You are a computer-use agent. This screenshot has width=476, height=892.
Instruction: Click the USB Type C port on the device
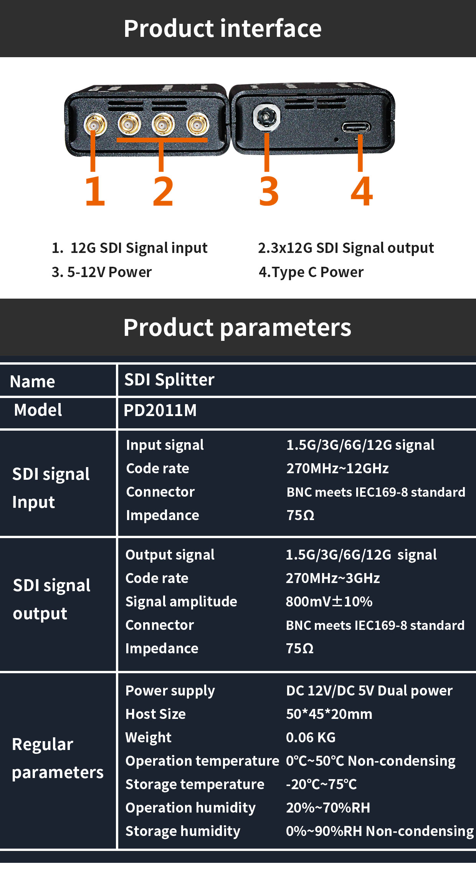click(356, 127)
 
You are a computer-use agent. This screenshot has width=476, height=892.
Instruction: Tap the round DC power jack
click(266, 117)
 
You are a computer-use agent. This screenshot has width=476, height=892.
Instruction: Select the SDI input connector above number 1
click(95, 124)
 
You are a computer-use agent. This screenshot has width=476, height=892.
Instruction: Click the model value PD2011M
click(160, 410)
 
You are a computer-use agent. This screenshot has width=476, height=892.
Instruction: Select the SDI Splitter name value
click(169, 380)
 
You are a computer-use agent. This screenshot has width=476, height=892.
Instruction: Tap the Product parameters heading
click(237, 327)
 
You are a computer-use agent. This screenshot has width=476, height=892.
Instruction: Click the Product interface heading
click(223, 28)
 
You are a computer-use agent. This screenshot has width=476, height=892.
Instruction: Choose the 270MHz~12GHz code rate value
click(337, 468)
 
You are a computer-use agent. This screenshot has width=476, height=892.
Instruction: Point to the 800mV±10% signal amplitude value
click(329, 601)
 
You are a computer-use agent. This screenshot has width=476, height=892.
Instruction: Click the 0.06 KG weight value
click(311, 737)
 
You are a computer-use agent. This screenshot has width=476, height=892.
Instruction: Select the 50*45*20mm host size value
click(329, 714)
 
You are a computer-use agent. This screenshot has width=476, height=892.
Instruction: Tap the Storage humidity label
click(183, 831)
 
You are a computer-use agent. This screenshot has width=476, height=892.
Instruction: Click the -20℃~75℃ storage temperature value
click(321, 784)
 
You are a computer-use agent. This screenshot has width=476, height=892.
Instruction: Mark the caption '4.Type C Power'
click(311, 272)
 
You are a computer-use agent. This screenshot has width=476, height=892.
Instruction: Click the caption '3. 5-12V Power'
click(102, 272)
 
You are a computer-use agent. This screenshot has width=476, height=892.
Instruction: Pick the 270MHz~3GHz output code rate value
click(333, 578)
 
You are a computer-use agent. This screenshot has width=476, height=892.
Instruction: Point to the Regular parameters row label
click(58, 758)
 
